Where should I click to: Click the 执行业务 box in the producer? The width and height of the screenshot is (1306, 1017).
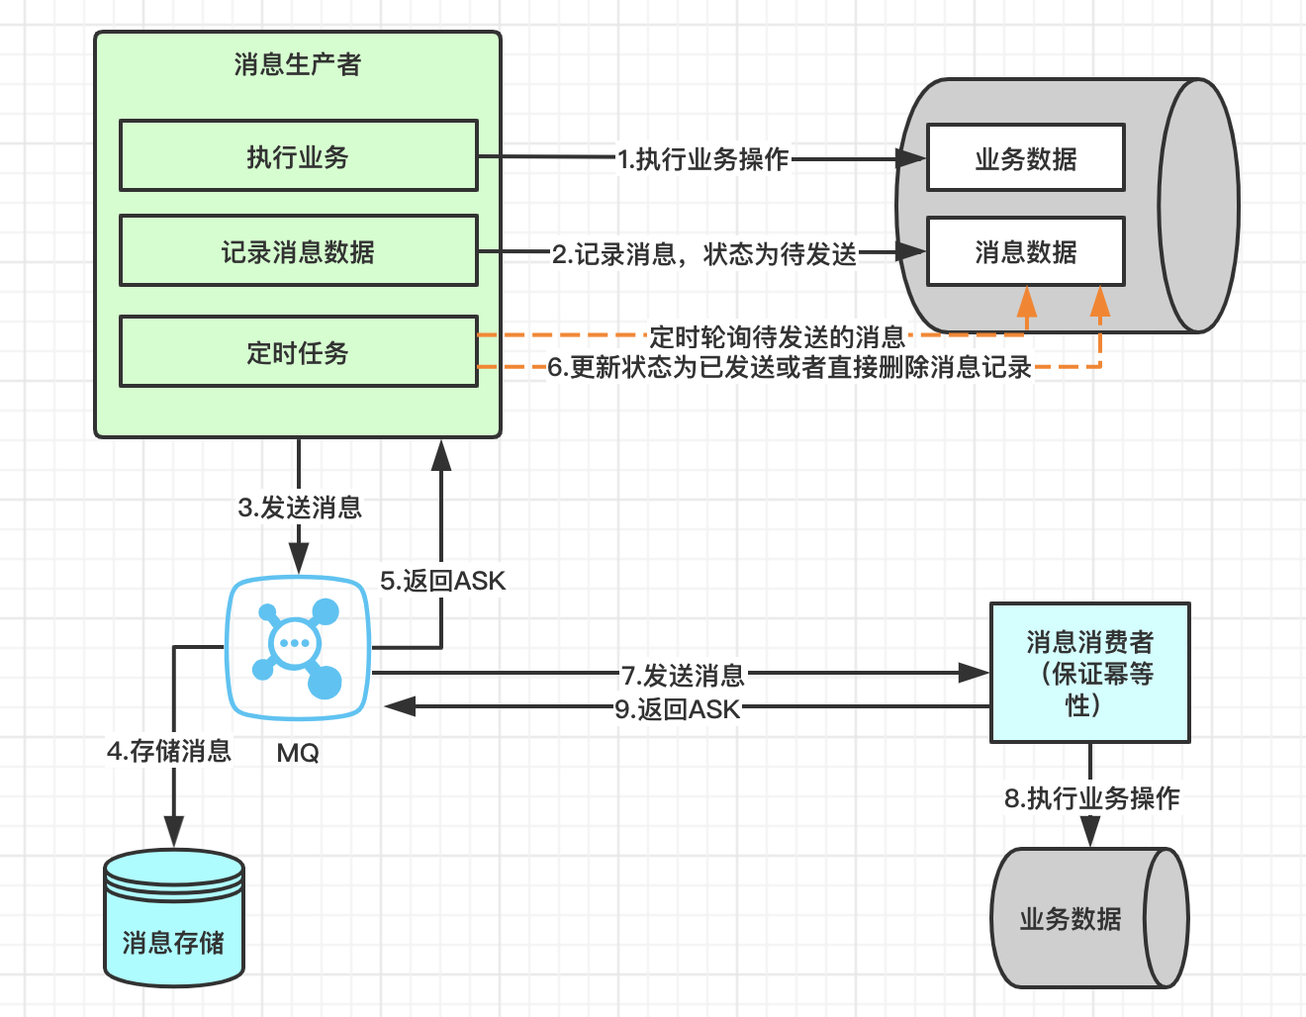pos(298,156)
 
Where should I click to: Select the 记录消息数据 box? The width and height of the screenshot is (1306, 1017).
pos(298,251)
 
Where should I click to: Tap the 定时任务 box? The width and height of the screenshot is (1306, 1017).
pos(298,352)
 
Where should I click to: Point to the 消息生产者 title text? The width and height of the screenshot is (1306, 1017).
pos(298,64)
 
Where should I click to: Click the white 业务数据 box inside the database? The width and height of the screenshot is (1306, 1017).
pos(1025,158)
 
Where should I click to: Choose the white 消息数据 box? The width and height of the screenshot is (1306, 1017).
pos(1025,252)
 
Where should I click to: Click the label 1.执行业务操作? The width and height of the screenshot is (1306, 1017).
pos(702,158)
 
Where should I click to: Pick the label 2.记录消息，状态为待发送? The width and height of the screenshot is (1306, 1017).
pos(703,254)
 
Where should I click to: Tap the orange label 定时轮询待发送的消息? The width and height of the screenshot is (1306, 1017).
pos(777,336)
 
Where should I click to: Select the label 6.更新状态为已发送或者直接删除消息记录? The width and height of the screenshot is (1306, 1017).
pos(790,367)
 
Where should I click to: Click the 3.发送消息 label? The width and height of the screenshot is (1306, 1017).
pos(300,508)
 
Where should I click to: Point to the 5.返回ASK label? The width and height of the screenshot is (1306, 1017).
pos(442,581)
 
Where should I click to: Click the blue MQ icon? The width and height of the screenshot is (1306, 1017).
pos(298,647)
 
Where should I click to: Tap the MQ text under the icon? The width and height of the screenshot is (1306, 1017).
pos(298,753)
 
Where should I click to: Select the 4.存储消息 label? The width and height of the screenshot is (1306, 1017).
pos(169,751)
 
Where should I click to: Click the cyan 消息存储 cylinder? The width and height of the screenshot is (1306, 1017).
pos(174,920)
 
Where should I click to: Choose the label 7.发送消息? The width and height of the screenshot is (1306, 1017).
pos(683,676)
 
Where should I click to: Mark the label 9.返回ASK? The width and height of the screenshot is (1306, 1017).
pos(677,708)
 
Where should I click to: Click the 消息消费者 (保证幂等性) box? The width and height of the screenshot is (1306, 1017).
pos(1089,673)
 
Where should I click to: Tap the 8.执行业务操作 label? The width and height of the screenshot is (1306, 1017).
pos(1091,797)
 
